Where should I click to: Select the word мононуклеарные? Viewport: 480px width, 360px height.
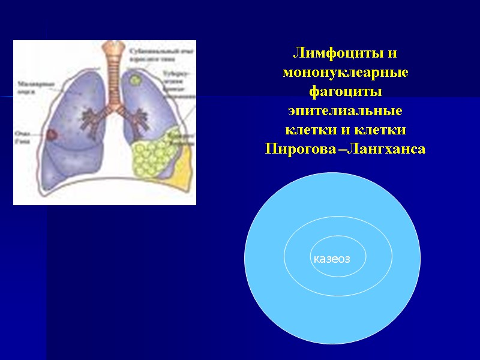(345, 73)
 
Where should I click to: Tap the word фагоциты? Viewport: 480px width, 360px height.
(345, 92)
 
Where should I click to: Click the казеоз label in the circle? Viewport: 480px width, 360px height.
(331, 259)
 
